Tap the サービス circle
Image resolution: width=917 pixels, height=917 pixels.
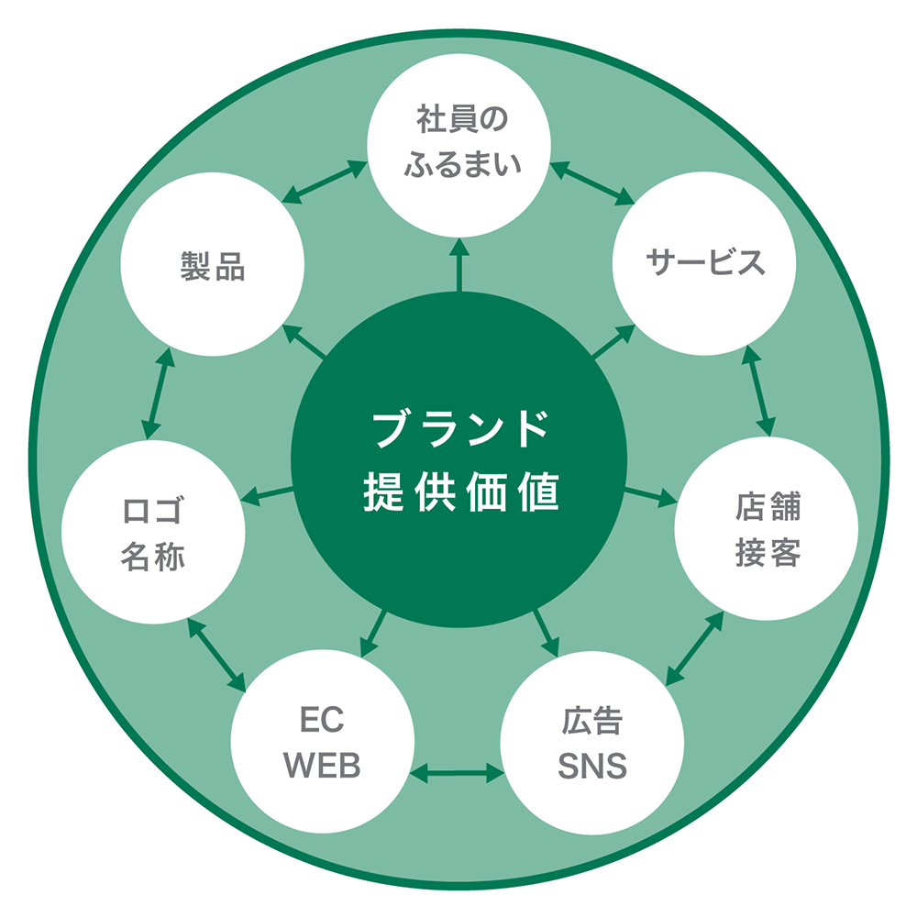pos(704,264)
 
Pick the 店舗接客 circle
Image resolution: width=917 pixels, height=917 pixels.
pos(767,529)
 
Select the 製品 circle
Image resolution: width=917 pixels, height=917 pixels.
pos(213,266)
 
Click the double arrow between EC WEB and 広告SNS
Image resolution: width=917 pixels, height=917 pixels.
pos(458,773)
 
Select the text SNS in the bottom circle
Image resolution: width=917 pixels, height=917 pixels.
pos(592,766)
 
